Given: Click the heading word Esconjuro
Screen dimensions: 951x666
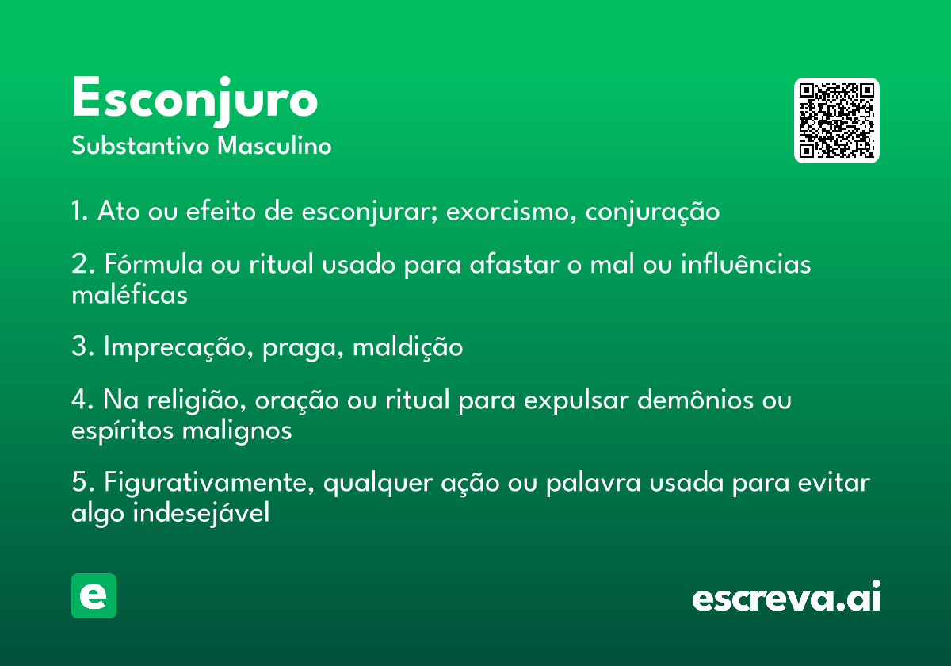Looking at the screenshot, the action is pyautogui.click(x=194, y=101).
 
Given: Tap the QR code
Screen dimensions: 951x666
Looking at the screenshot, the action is pyautogui.click(x=836, y=121).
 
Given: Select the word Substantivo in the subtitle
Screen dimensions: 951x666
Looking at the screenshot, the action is pyautogui.click(x=140, y=146).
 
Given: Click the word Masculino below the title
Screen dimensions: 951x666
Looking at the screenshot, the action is pyautogui.click(x=274, y=146).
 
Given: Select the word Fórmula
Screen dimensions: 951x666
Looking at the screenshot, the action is pyautogui.click(x=154, y=263).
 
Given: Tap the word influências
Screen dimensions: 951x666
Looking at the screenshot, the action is pyautogui.click(x=746, y=263).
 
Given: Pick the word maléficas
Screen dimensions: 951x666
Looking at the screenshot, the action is pyautogui.click(x=129, y=294).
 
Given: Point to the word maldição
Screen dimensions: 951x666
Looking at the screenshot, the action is pyautogui.click(x=407, y=347).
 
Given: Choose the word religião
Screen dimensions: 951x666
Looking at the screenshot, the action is pyautogui.click(x=197, y=400).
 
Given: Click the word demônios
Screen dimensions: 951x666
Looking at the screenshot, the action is pyautogui.click(x=696, y=400).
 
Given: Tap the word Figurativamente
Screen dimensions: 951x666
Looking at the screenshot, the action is pyautogui.click(x=209, y=483).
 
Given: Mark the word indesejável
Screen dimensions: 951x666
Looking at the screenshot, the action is pyautogui.click(x=201, y=513).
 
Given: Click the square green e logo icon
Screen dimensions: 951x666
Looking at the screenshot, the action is pyautogui.click(x=94, y=595).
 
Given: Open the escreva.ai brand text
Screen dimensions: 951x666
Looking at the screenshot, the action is pyautogui.click(x=786, y=596).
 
